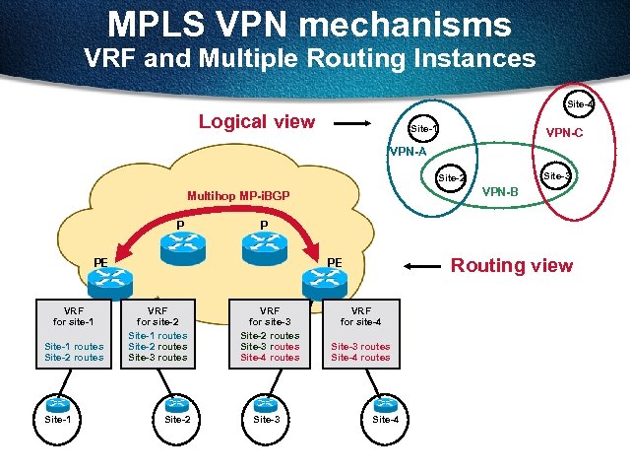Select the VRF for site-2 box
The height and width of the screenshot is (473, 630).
[157, 333]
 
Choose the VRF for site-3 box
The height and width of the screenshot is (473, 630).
[270, 333]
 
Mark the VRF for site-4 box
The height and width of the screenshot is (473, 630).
[360, 333]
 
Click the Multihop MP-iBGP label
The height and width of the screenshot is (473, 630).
[237, 195]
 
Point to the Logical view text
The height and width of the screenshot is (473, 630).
[257, 122]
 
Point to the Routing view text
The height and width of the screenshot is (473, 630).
[511, 265]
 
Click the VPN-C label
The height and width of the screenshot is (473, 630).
[564, 132]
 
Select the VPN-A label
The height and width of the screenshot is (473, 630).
[407, 152]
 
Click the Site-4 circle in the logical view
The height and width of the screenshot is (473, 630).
[580, 103]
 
